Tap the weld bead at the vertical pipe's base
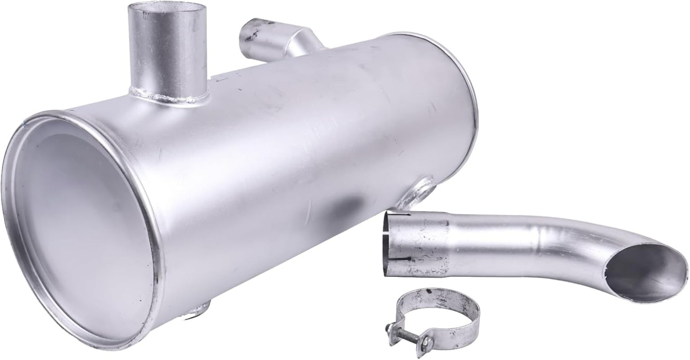[169, 95]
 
